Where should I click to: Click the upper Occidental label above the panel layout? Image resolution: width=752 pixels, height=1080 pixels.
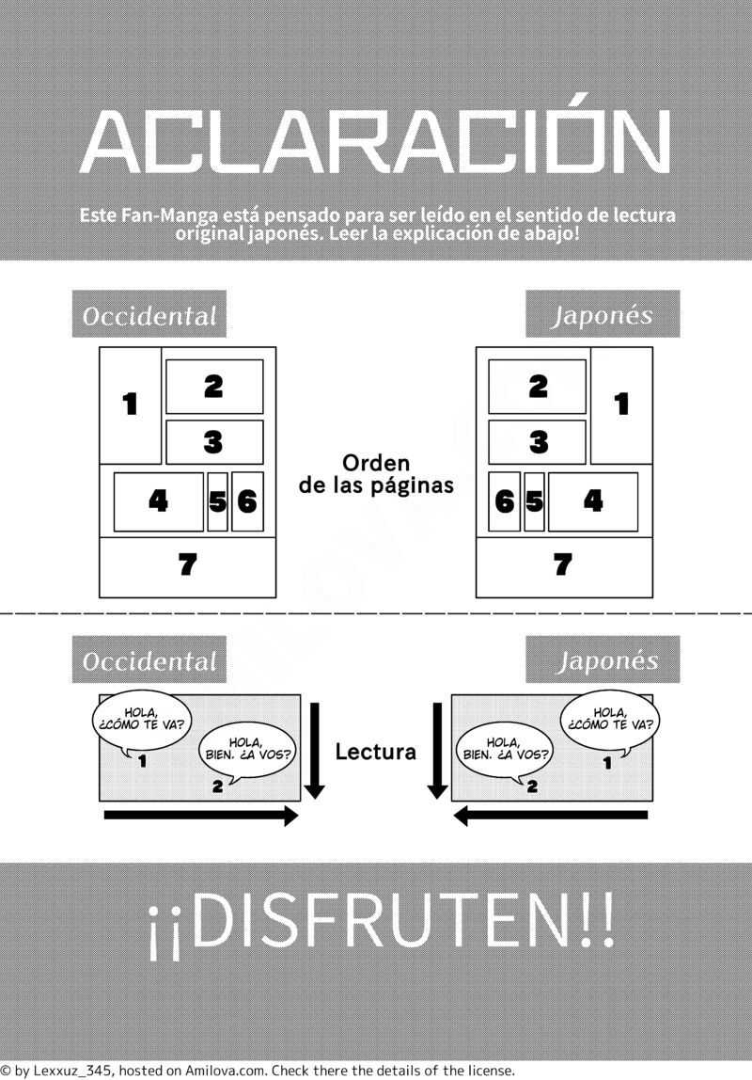149,314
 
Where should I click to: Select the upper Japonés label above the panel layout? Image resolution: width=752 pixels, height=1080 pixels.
603,314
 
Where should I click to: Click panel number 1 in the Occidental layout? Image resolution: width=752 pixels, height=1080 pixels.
131,405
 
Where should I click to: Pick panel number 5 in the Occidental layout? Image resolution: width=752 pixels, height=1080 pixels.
217,501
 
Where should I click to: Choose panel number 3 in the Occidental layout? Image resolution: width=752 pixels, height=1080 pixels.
214,442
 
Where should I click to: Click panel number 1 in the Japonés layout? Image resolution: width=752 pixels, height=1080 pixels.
621,405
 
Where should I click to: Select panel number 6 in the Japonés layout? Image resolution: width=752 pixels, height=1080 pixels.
505,501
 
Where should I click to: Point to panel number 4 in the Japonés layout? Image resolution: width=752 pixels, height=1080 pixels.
593,501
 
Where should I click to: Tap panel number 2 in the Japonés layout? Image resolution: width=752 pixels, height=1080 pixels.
538,387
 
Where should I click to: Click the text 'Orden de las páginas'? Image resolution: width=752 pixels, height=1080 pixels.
376,474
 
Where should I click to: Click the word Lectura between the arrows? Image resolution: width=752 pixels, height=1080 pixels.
376,752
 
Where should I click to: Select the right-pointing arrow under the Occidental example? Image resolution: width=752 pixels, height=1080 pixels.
201,817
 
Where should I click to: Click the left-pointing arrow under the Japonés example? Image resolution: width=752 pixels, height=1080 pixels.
551,817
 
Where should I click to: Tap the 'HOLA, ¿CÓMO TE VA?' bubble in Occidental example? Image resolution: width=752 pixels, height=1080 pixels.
143,720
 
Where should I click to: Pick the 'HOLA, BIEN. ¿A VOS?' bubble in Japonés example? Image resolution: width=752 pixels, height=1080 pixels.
505,750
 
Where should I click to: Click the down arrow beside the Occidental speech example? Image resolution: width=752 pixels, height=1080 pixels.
314,751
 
